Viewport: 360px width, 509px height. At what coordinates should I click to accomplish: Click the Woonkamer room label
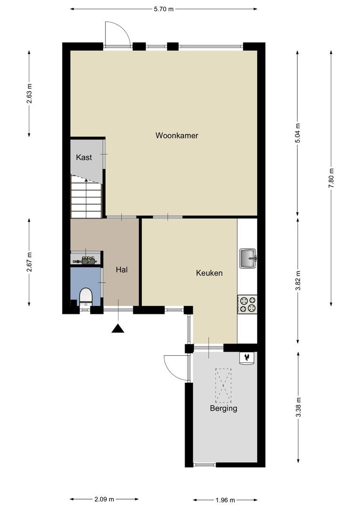pos(177,135)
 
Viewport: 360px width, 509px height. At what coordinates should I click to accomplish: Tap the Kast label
pos(84,157)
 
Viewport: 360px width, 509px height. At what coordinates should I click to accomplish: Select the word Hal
pos(122,270)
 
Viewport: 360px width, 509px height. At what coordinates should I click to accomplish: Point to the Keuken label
pos(209,273)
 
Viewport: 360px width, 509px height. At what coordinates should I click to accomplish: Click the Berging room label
pos(224,408)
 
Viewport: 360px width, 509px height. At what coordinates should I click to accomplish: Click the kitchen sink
pos(248,258)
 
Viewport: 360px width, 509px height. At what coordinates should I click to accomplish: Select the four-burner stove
pos(247,304)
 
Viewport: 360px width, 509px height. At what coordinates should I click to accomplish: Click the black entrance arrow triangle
pos(118,328)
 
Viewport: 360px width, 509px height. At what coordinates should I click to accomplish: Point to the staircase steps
pos(86,197)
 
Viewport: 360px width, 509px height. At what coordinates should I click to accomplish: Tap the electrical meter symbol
pos(88,260)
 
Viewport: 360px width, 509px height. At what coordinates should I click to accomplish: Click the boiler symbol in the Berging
pos(247,358)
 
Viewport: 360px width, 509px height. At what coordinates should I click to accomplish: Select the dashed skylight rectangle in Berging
pos(224,386)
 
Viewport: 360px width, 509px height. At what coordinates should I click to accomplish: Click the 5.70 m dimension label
pos(164,9)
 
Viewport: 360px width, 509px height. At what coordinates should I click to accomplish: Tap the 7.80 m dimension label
pos(331,178)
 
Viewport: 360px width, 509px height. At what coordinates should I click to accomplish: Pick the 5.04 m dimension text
pos(297,133)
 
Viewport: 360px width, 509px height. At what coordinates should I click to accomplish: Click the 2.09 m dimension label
pos(104,499)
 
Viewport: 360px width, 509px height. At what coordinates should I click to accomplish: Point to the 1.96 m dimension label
pos(225,500)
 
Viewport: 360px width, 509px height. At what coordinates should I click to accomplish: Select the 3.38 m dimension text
pos(298,407)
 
